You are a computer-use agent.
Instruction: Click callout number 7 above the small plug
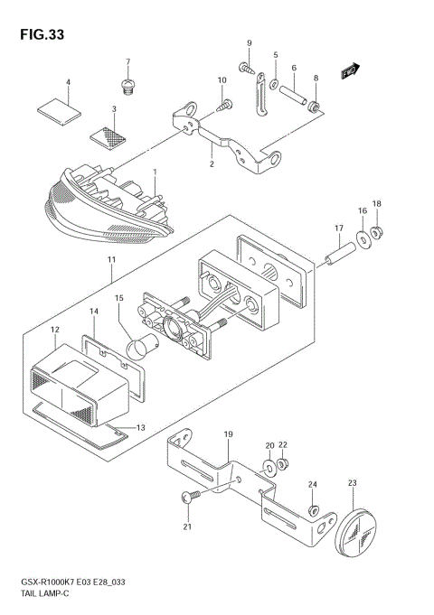point(127,62)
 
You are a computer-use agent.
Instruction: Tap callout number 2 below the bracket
point(211,164)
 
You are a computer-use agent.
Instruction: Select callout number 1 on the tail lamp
point(155,172)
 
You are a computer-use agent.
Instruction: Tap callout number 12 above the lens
point(54,331)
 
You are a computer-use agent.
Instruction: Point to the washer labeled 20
point(269,470)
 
